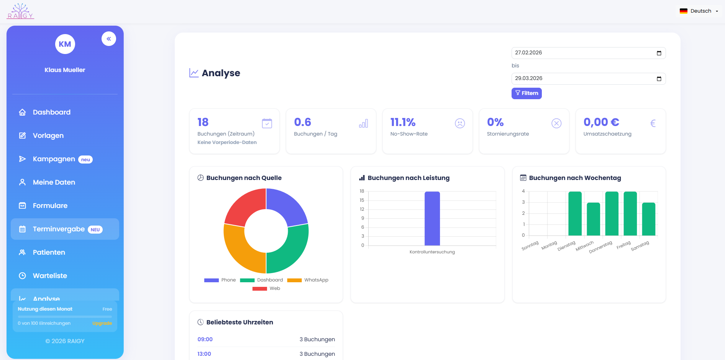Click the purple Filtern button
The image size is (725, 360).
[526, 93]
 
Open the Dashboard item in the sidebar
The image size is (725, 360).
[51, 112]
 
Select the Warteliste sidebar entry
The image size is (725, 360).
[50, 276]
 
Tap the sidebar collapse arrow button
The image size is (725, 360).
[109, 39]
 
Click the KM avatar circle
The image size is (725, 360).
[65, 44]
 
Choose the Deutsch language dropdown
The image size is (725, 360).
[699, 11]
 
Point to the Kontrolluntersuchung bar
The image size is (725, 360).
[432, 218]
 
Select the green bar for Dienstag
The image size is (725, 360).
[575, 213]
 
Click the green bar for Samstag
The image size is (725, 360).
[648, 219]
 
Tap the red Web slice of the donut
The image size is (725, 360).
[242, 207]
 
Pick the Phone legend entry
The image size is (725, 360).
[220, 280]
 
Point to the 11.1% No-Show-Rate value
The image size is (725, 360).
[403, 122]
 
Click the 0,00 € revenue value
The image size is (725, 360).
[601, 122]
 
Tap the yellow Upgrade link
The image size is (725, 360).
[102, 323]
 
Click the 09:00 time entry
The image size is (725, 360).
[205, 339]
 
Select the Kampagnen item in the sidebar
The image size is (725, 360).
[54, 159]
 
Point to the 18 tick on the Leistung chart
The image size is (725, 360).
[362, 191]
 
